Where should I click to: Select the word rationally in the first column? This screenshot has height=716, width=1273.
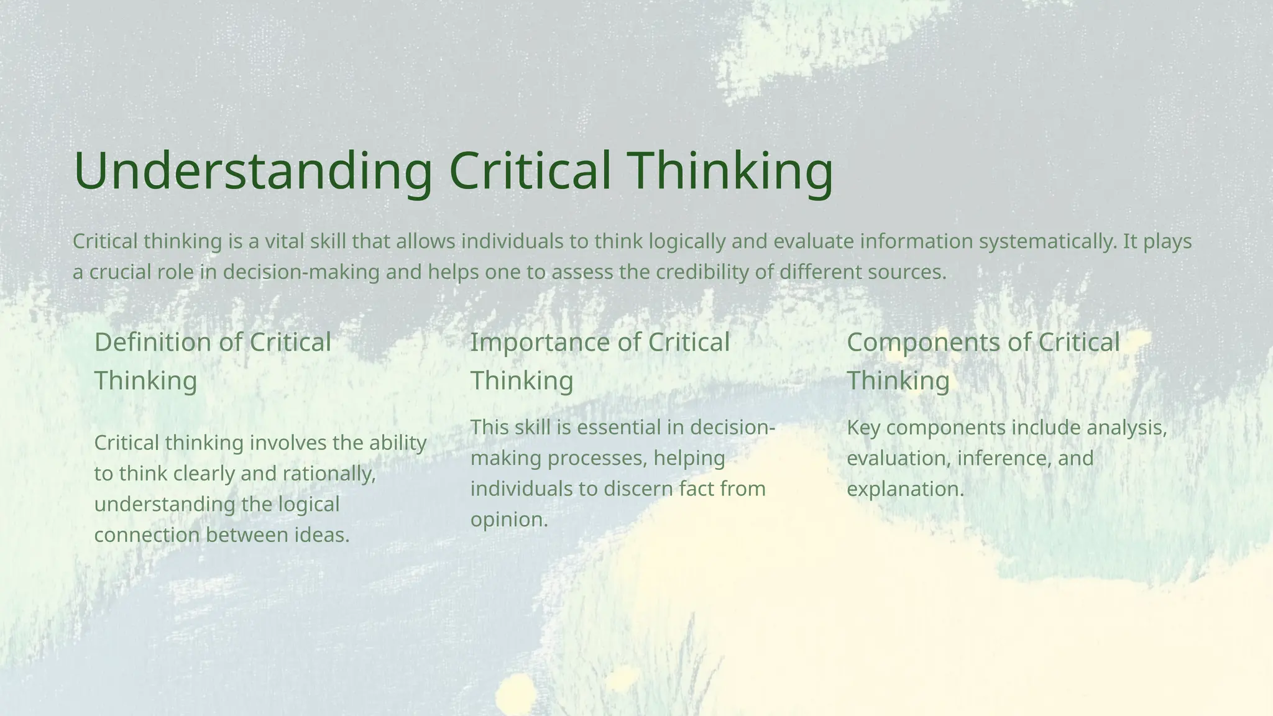click(329, 474)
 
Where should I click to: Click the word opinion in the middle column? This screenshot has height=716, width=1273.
click(508, 520)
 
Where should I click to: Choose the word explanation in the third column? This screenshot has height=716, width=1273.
click(904, 489)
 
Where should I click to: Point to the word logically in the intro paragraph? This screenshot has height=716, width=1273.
click(687, 241)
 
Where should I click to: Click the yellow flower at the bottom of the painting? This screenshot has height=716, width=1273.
click(516, 691)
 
